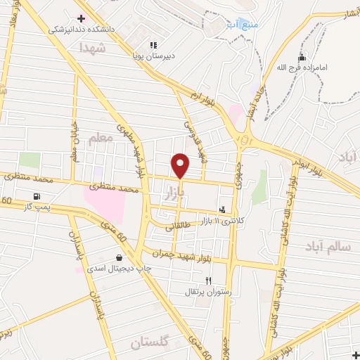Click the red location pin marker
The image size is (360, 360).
point(181,166)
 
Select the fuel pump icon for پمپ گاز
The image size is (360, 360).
point(37,196)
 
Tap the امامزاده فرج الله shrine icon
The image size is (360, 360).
point(302,58)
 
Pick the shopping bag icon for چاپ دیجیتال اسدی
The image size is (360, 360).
point(119,257)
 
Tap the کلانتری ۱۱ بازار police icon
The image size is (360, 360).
point(223,209)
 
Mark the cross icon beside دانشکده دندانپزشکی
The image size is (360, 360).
point(82,18)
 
